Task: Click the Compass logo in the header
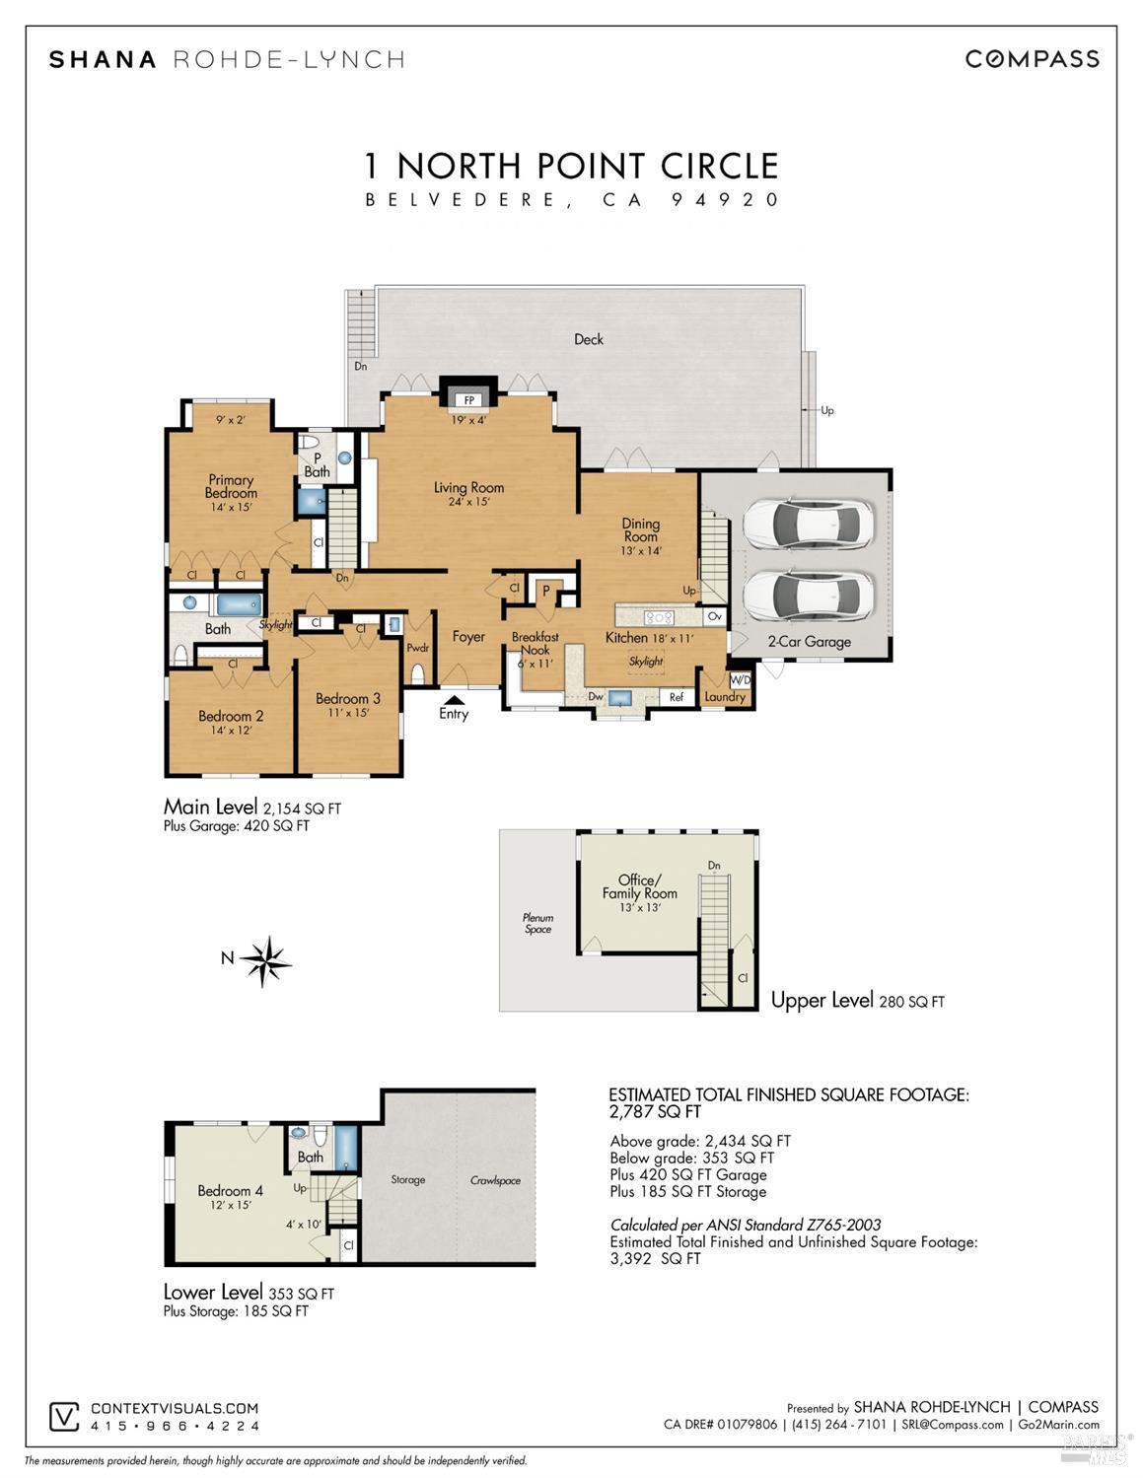point(1032,59)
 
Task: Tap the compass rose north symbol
point(265,959)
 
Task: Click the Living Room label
point(468,487)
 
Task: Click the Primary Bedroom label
point(231,487)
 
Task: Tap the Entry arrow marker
point(454,699)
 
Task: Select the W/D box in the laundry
point(740,679)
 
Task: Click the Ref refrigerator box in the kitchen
point(677,697)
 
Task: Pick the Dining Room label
point(640,530)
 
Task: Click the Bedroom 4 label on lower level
point(230,1190)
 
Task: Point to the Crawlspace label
point(495,1180)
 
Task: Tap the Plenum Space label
point(537,923)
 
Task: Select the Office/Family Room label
point(639,886)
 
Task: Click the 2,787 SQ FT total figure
point(655,1112)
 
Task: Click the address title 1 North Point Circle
point(572,165)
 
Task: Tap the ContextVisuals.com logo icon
point(64,1416)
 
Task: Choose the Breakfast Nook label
point(535,643)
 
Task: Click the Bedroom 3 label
point(347,698)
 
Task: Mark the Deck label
point(589,339)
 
